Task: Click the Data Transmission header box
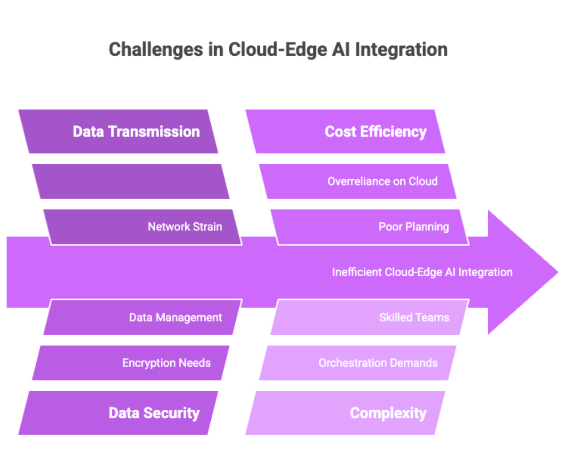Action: click(x=118, y=132)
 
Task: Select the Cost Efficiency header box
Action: click(x=345, y=132)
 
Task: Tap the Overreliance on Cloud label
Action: click(x=382, y=181)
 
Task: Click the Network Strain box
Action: click(x=141, y=227)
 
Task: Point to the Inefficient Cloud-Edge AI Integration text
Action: click(x=422, y=272)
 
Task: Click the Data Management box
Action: click(x=141, y=317)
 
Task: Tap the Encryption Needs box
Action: click(x=131, y=363)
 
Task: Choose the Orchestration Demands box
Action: click(x=358, y=363)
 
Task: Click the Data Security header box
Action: click(x=118, y=413)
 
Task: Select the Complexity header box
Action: click(x=345, y=413)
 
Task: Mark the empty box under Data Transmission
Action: click(x=131, y=181)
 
